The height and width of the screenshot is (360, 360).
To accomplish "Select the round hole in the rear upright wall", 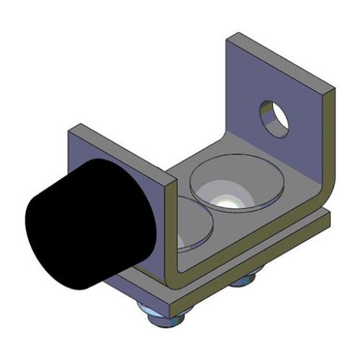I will [274, 117].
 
